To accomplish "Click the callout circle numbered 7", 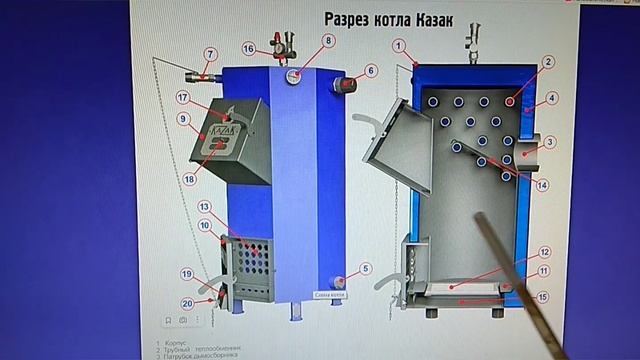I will (x=211, y=54).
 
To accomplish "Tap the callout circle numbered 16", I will (x=249, y=46).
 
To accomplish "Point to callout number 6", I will (x=371, y=71).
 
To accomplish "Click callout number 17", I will (x=183, y=97).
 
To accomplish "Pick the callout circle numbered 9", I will (x=184, y=118).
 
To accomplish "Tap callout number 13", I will (x=204, y=207).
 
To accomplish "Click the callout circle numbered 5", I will (x=366, y=268).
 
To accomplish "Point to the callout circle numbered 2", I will (x=548, y=61).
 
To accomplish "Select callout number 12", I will (x=545, y=253).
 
